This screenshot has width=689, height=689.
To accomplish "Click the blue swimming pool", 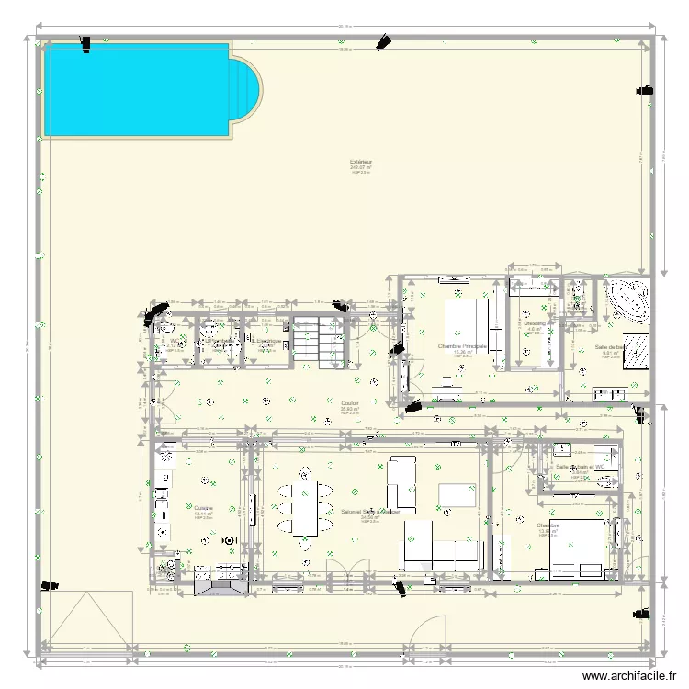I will pos(138,89).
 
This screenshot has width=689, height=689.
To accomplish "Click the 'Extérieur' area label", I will pos(360,162).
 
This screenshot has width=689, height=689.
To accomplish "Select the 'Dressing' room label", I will pos(536,323).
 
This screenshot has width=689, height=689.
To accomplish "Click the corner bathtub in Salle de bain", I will pos(627,299).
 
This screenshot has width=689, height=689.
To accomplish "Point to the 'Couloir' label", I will pos(350,402).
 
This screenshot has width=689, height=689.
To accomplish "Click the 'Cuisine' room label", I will pos(203,507).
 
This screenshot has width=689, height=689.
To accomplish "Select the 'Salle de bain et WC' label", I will pos(581,467).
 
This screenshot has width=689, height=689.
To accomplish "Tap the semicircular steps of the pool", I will pos(247,92).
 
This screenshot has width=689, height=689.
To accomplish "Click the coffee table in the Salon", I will pos(456,495).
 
